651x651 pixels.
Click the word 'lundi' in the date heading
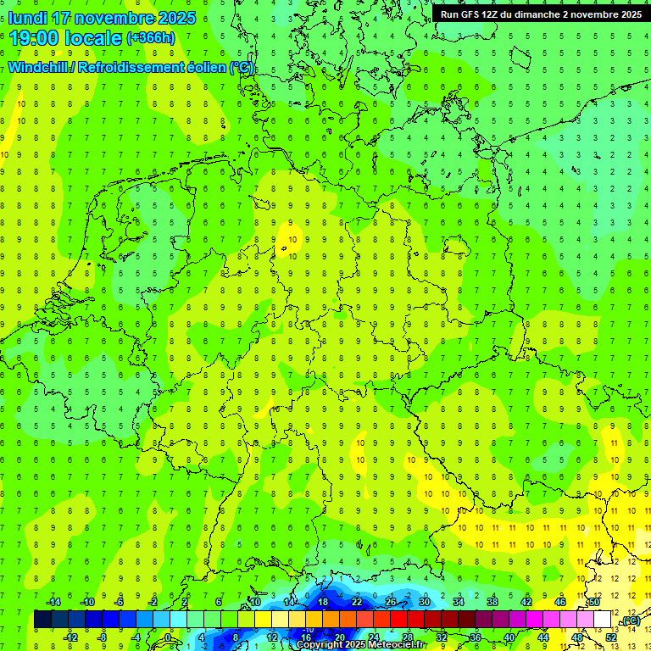click(27, 18)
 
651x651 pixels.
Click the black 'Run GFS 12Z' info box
click(541, 14)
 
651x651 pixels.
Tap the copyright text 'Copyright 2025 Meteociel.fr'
click(360, 644)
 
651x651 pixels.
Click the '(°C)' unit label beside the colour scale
click(630, 620)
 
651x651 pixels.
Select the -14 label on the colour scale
click(53, 602)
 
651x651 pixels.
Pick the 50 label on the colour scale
click(594, 602)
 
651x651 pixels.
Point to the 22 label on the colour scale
click(357, 602)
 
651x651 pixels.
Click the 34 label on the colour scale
click(459, 602)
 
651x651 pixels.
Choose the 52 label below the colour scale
click(611, 637)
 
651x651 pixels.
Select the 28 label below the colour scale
click(408, 637)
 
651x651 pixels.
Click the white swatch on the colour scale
click(603, 620)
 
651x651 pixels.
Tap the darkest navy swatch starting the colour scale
click(42, 620)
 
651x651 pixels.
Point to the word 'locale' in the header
click(94, 38)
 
